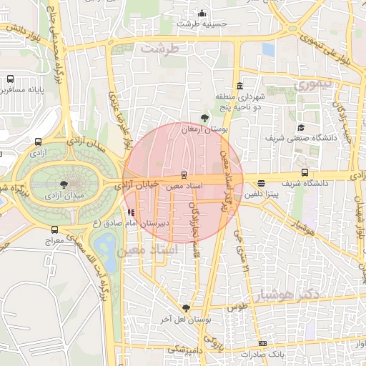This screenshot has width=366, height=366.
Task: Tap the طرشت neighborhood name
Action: pyautogui.click(x=159, y=49)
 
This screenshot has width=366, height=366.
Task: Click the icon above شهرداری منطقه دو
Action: pyautogui.click(x=238, y=86)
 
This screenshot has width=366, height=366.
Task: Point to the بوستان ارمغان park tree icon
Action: pyautogui.click(x=206, y=117)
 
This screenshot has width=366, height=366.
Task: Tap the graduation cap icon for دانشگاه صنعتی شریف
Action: pyautogui.click(x=311, y=127)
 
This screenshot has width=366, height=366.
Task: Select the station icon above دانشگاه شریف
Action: pyautogui.click(x=305, y=172)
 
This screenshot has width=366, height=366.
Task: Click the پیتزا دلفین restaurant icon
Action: pyautogui.click(x=261, y=183)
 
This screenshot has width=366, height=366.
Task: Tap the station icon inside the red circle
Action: pyautogui.click(x=184, y=174)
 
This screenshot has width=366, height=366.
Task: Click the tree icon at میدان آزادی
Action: pyautogui.click(x=65, y=184)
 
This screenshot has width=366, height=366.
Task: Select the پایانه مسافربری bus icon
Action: pyautogui.click(x=10, y=79)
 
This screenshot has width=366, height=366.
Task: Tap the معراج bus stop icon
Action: pyautogui.click(x=55, y=230)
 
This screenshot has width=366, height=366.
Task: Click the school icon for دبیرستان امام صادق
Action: pyautogui.click(x=130, y=212)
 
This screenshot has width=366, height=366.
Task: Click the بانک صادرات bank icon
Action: pyautogui.click(x=264, y=344)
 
